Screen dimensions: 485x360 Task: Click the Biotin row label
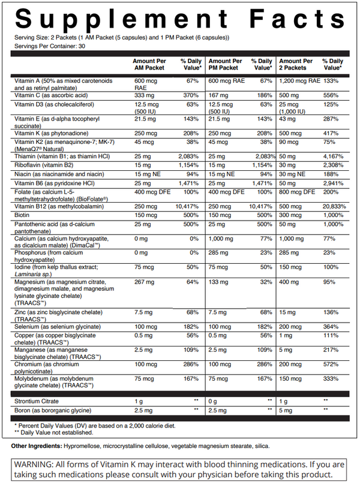point(23,213)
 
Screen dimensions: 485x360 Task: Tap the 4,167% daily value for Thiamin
point(334,156)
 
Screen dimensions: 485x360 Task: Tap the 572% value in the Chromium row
point(330,364)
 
